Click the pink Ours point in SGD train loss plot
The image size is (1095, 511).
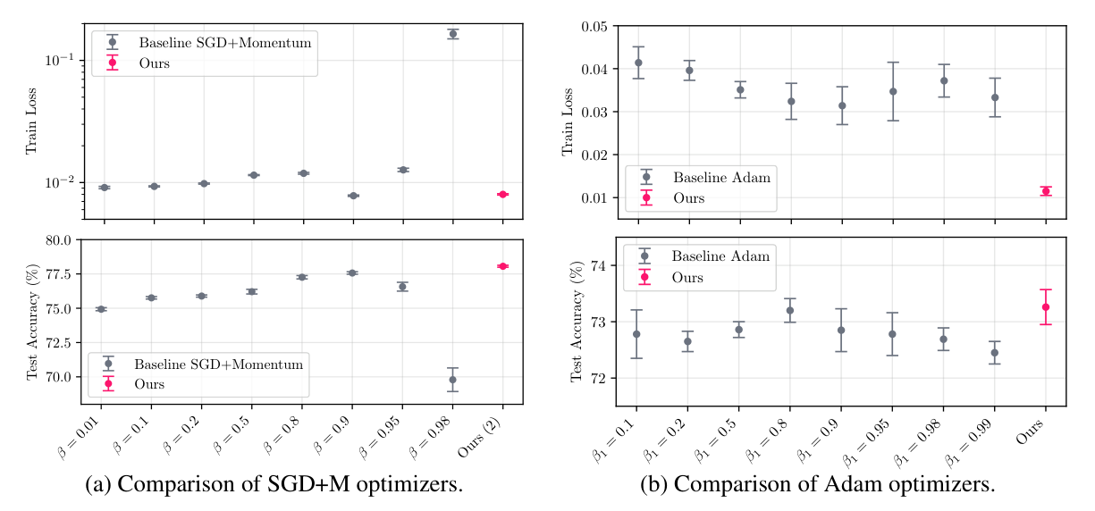tap(502, 194)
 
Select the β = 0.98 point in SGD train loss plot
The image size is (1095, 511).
tap(452, 34)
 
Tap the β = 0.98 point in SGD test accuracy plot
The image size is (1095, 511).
tap(452, 380)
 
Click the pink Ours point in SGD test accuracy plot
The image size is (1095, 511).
tap(502, 266)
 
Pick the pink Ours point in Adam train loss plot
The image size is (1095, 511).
tap(1046, 191)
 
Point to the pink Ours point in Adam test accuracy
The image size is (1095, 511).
tap(1046, 306)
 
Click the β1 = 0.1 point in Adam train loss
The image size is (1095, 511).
tap(638, 63)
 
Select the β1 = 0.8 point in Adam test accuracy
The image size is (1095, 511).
tap(790, 310)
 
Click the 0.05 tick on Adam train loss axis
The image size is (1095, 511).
tap(594, 27)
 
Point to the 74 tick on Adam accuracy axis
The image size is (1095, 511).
tap(600, 266)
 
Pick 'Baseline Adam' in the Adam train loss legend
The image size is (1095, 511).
tap(720, 177)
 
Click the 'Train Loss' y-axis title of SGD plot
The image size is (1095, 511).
tap(32, 121)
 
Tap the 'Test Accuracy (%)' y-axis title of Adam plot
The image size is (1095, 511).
tap(576, 322)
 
